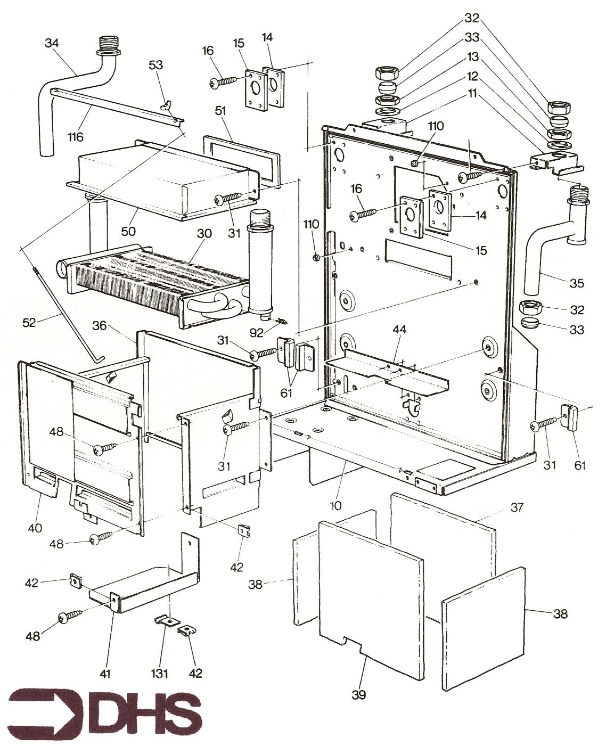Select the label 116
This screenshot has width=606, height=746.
(76, 137)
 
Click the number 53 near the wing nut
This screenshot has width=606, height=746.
(156, 65)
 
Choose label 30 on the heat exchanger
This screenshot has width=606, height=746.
(204, 233)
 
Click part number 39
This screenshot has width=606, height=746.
(359, 694)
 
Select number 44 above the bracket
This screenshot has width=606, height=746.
(399, 330)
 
